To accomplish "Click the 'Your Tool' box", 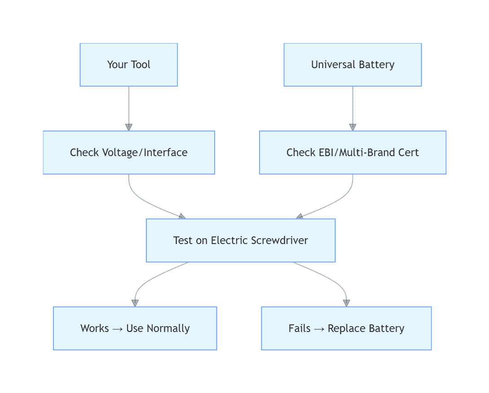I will tap(128, 65).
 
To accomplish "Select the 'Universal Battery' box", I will tap(352, 65).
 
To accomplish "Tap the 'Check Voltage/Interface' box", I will tap(128, 153).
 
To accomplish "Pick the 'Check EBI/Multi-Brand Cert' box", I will tap(352, 153).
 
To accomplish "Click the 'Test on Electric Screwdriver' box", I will tap(241, 240).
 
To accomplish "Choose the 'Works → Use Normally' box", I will tap(135, 328).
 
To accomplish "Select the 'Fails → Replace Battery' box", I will tap(346, 328).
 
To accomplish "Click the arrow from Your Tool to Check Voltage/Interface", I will tap(129, 108).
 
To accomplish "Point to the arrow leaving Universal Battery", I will tap(352, 108).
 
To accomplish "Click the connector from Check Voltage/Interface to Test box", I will tap(144, 200).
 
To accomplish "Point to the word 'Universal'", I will tap(330, 65).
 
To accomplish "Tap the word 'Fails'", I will tap(300, 328).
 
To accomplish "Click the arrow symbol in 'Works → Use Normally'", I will tap(118, 329).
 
